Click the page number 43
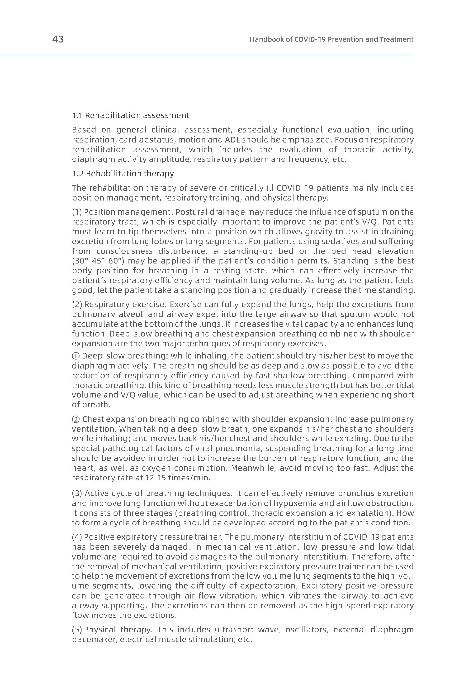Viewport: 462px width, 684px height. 58,39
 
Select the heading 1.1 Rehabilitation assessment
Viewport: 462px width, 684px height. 131,115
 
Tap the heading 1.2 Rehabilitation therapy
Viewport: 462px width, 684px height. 123,174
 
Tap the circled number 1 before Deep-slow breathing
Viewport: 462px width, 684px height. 76,356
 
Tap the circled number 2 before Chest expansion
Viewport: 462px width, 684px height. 76,420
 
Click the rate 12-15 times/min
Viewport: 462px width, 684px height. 177,478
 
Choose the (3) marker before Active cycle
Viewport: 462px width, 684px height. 77,494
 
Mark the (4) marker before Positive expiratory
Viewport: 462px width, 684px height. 77,537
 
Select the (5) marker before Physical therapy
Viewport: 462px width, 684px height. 77,630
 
